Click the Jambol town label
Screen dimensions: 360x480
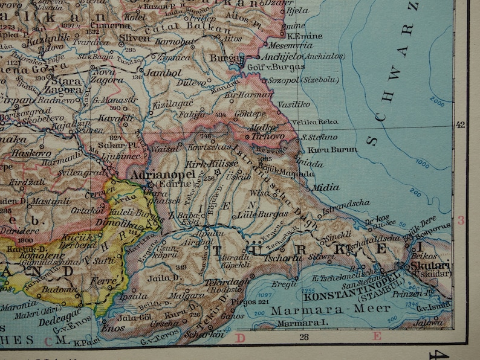pyautogui.click(x=161, y=72)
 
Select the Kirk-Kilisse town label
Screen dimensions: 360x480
pyautogui.click(x=203, y=164)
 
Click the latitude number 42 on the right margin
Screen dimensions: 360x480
pyautogui.click(x=462, y=126)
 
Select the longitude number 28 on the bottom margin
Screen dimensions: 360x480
pyautogui.click(x=303, y=337)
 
